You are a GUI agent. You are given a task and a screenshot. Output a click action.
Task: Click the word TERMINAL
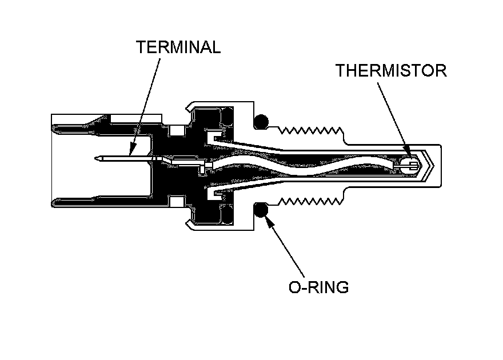pyautogui.click(x=178, y=47)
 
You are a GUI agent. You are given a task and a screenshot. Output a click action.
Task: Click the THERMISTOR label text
pyautogui.click(x=390, y=71)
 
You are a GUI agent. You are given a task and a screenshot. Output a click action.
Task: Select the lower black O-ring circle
pyautogui.click(x=261, y=210)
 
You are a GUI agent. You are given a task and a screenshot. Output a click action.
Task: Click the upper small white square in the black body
pyautogui.click(x=177, y=131)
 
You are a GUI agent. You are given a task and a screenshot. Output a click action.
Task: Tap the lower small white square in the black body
pyautogui.click(x=177, y=201)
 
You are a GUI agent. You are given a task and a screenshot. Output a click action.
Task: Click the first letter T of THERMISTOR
pyautogui.click(x=341, y=71)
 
